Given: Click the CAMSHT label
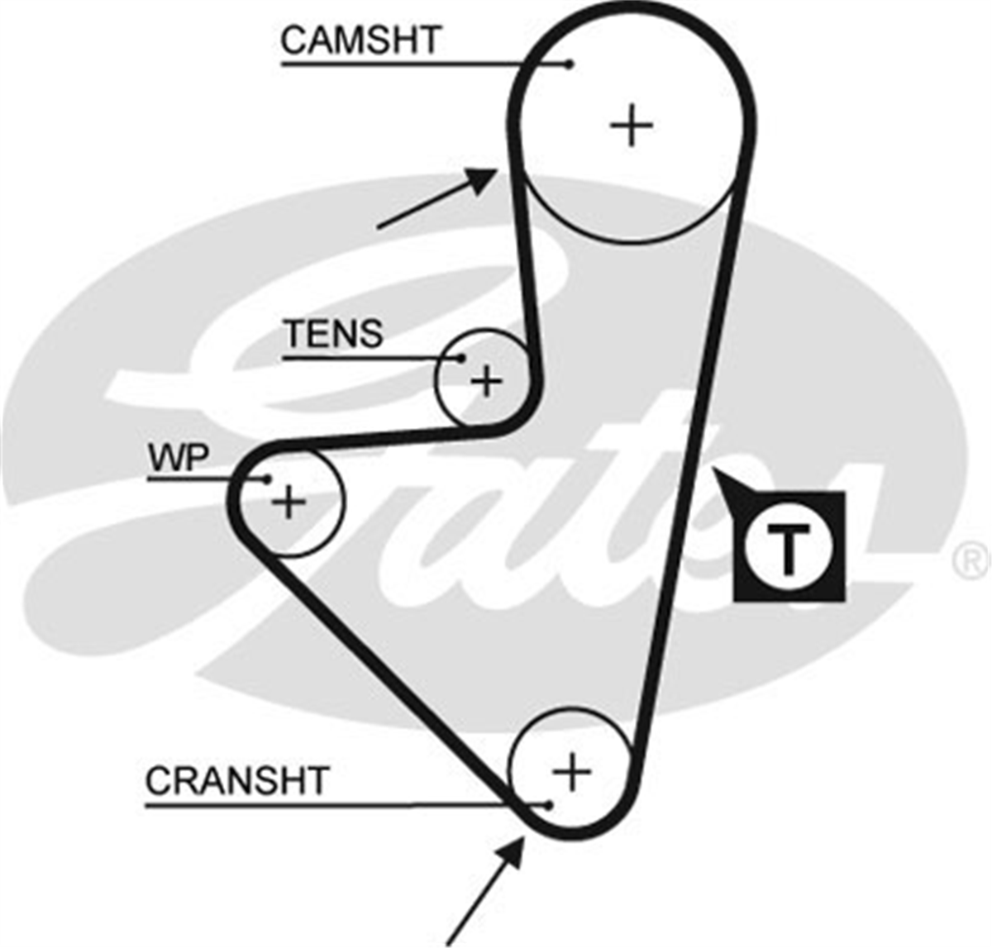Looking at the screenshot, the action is (360, 40).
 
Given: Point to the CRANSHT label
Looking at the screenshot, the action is (236, 780).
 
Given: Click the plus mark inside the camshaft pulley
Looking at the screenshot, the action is (631, 125).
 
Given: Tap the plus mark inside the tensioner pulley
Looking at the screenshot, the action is (486, 381).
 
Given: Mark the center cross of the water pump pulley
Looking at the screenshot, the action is (289, 502).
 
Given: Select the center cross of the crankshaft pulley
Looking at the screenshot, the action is (572, 772).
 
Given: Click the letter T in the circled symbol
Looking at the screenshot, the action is (789, 548).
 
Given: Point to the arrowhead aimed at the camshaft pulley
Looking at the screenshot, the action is (482, 179).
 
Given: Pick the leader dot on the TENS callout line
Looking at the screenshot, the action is (461, 359).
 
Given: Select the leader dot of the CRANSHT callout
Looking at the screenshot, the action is (548, 806).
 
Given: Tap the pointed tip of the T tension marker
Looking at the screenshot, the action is (713, 468).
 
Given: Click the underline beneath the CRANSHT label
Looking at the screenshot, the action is (346, 807).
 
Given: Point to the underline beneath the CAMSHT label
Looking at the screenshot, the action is (426, 64).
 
